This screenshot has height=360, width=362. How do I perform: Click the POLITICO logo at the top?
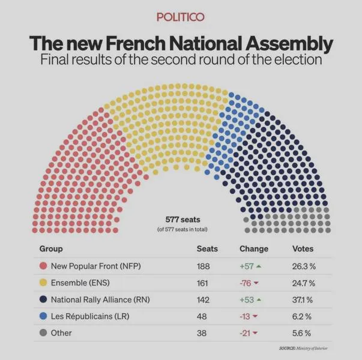181,17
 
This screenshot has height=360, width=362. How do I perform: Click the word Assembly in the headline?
289,43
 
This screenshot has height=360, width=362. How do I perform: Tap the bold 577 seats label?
183,220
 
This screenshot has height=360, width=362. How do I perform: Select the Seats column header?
207,249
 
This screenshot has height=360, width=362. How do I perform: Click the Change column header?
254,249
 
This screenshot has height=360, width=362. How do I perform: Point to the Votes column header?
303,249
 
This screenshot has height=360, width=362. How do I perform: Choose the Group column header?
51,249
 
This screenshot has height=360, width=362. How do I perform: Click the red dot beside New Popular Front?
43,266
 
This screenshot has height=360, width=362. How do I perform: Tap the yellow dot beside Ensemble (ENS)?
43,283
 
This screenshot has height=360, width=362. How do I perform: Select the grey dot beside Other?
43,333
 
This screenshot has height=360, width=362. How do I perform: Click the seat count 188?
203,266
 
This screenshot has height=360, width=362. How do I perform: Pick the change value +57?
247,266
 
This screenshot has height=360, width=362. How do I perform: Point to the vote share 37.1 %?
303,300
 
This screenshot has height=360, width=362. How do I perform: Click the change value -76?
246,283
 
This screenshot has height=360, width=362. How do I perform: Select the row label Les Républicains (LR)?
90,316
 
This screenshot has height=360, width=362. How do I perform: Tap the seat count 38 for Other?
202,333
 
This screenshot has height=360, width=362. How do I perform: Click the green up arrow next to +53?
259,300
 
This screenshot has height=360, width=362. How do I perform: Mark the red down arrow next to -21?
255,333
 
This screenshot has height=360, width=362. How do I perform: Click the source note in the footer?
303,348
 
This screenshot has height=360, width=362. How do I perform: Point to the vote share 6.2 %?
302,316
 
